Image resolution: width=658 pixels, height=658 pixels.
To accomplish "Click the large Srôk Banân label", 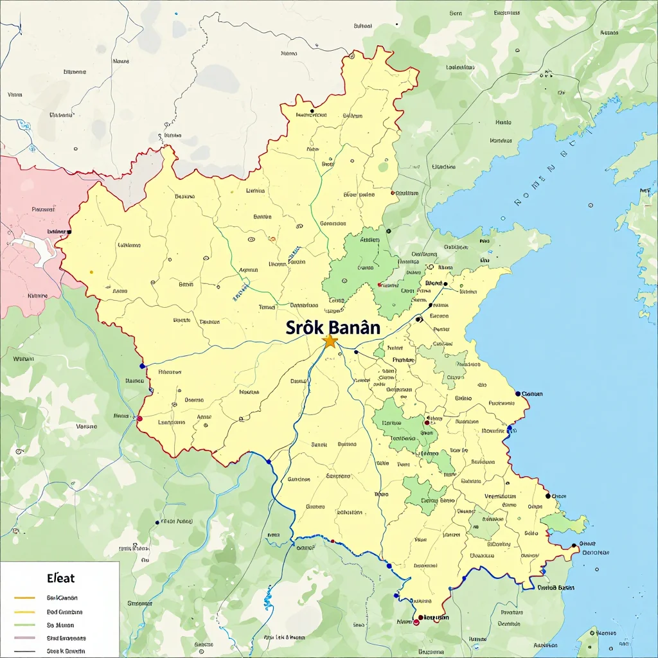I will tap(333, 327).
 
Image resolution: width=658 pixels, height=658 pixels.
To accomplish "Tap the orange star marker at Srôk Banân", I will tap(330, 341).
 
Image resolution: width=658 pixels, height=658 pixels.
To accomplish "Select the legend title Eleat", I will tap(61, 578).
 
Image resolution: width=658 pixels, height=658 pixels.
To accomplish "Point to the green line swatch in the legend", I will tap(24, 625).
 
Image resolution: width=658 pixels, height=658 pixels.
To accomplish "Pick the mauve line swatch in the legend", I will tap(24, 638).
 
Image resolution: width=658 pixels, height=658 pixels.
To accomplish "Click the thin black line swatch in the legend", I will tap(24, 651).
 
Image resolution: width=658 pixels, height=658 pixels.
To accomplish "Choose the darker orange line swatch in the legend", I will tap(24, 598).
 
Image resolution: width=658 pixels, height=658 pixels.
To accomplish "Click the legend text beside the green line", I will tap(60, 625).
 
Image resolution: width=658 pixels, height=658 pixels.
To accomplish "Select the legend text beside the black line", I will tap(65, 651).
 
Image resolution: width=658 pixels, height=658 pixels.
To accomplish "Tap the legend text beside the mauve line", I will tap(66, 638).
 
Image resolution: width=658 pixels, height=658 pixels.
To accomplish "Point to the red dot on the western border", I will tap(139, 418).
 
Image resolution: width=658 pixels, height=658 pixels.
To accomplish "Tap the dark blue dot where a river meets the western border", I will tap(142, 366).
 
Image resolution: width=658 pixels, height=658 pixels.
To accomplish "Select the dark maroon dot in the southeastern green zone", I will tap(427, 422).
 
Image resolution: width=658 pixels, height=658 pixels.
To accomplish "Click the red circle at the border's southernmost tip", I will tap(416, 622).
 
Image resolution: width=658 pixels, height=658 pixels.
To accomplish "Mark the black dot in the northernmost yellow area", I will tap(311, 111).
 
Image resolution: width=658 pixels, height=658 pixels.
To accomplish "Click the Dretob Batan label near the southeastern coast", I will tap(556, 587).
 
